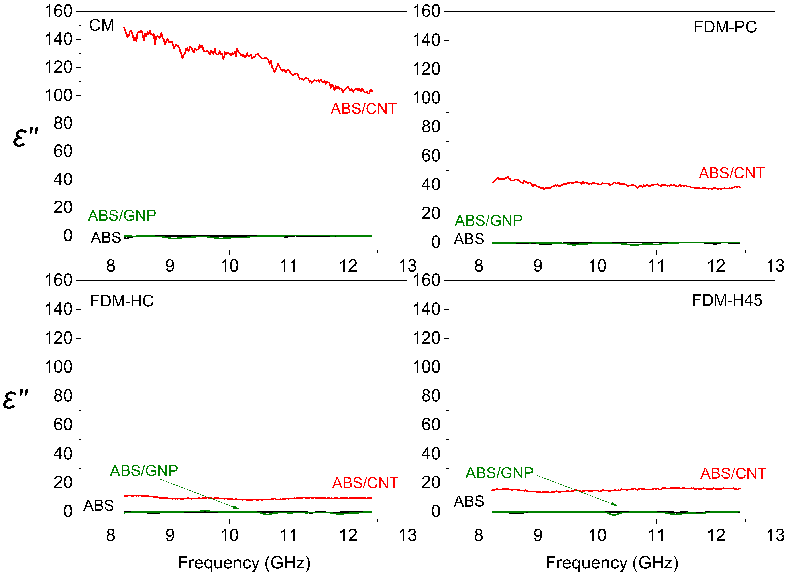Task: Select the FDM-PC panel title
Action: pos(725,27)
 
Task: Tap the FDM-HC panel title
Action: pos(122,301)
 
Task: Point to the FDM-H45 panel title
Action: pos(727,300)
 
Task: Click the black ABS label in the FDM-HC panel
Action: pos(99,505)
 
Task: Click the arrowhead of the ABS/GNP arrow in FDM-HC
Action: pos(237,508)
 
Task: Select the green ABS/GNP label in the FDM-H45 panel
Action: pos(499,473)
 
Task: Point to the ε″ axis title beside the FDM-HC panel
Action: pos(16,399)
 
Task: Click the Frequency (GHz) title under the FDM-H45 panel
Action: pos(612,563)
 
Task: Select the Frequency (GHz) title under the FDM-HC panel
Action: pos(244,563)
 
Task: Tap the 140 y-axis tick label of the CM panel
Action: pos(59,39)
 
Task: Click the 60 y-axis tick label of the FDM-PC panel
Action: pos(431,156)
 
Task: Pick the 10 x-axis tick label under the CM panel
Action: pos(229,266)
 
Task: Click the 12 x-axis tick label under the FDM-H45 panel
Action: pos(716,535)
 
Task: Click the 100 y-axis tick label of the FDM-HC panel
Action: pos(59,367)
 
